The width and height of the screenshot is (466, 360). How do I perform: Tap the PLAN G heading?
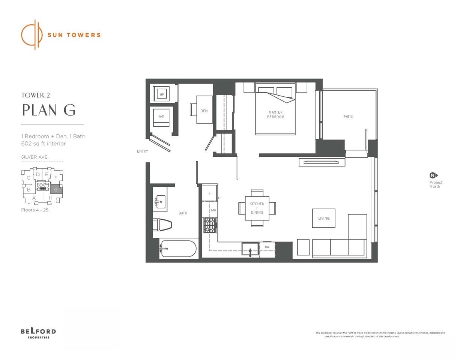click(x=49, y=110)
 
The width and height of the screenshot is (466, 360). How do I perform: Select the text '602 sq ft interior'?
click(x=44, y=144)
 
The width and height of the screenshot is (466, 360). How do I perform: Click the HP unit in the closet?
click(x=162, y=94)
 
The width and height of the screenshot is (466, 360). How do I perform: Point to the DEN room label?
click(x=204, y=111)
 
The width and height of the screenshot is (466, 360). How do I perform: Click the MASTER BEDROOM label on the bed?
click(x=275, y=114)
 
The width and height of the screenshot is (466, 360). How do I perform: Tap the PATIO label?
click(x=348, y=117)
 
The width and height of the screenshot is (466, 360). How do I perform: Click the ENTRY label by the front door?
click(x=143, y=151)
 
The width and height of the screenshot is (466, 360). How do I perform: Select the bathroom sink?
click(x=161, y=202)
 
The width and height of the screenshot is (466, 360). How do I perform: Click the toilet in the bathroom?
click(x=162, y=225)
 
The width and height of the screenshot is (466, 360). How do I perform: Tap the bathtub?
click(x=178, y=248)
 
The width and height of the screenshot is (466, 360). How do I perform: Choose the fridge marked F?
click(x=209, y=193)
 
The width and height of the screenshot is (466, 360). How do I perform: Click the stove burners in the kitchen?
click(x=210, y=225)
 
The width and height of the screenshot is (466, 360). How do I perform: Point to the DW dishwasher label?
click(x=267, y=247)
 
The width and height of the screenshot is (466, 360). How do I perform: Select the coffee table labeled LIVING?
click(x=324, y=218)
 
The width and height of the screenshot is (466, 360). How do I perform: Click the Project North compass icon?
click(x=433, y=175)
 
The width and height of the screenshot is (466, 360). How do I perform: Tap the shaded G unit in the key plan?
click(x=56, y=189)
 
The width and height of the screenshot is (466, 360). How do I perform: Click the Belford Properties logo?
click(x=38, y=333)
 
